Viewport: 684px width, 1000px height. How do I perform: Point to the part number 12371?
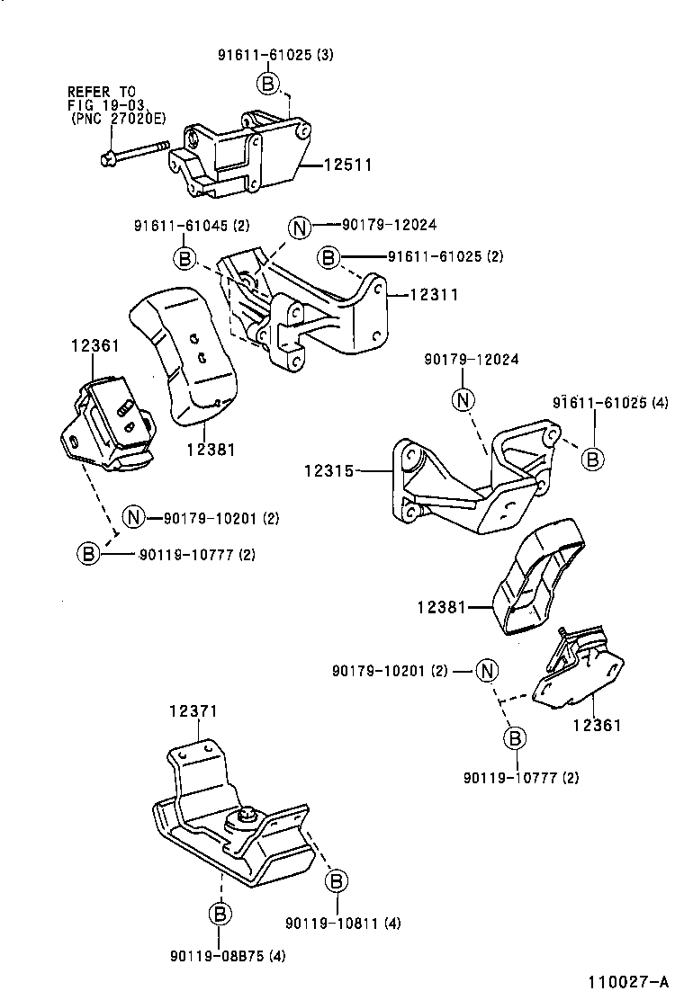193,710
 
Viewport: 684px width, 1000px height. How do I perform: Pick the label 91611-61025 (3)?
275,55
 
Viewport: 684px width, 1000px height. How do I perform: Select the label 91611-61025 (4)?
611,403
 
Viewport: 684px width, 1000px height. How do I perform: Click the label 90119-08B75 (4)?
227,955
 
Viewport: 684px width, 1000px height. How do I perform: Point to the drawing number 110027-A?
629,982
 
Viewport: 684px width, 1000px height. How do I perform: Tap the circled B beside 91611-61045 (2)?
184,259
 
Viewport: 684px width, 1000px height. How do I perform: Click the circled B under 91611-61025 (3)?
267,84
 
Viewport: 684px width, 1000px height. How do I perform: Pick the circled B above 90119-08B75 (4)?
220,915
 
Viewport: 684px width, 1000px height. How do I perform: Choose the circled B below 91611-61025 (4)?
592,459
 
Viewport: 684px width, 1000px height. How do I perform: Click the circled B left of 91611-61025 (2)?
329,258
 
